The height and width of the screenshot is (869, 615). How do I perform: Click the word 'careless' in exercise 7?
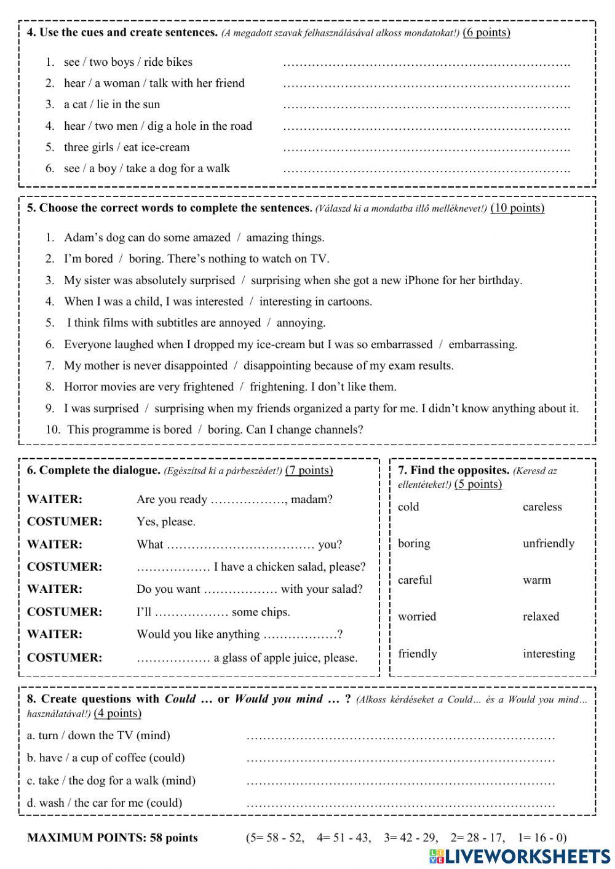click(x=542, y=507)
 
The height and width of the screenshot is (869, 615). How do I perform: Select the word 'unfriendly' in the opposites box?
click(x=548, y=543)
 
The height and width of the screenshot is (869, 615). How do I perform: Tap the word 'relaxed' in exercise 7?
click(x=541, y=616)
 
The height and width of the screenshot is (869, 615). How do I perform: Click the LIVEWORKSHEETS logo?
click(x=520, y=856)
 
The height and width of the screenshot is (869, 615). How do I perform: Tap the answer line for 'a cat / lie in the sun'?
click(x=426, y=106)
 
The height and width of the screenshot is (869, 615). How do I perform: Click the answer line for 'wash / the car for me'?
click(x=400, y=804)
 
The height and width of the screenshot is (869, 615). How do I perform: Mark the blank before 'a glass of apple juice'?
click(x=173, y=659)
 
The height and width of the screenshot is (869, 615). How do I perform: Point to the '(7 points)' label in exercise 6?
click(x=309, y=470)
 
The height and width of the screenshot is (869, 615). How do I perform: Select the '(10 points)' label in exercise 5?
click(x=517, y=208)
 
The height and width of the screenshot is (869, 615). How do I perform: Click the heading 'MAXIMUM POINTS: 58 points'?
click(x=113, y=838)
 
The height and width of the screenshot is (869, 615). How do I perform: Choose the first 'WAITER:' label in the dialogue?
click(x=55, y=499)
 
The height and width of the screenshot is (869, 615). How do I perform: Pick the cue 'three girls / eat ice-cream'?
click(x=127, y=147)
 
